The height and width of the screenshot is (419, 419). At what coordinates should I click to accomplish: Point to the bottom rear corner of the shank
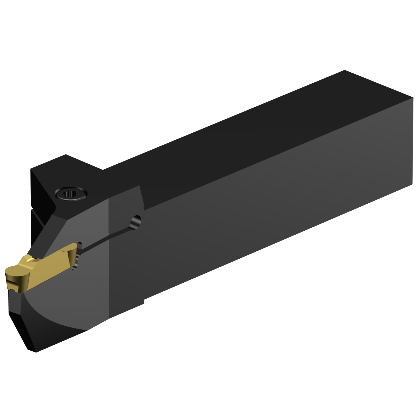[412, 184]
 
